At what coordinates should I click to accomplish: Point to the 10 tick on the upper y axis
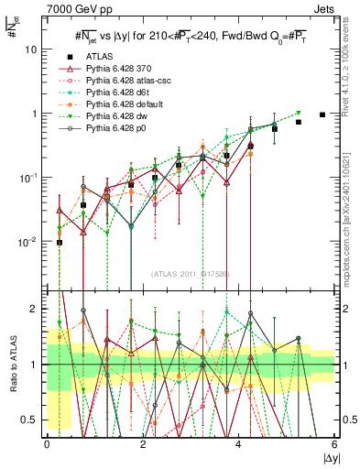(x=30, y=49)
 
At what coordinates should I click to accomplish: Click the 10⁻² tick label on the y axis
(x=28, y=242)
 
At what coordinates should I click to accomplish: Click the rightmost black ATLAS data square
(x=322, y=115)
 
